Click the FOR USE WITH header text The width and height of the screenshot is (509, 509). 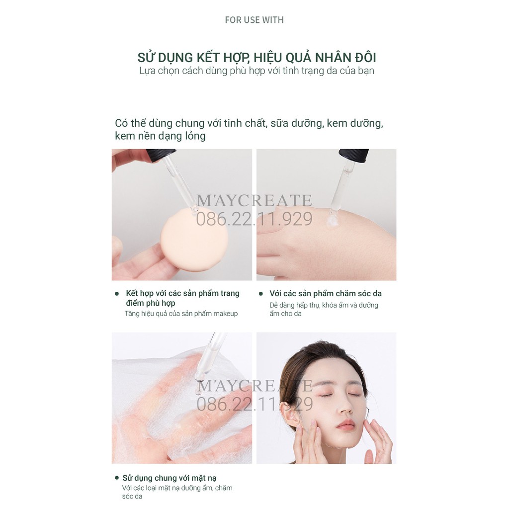254,20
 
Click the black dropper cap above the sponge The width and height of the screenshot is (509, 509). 161,155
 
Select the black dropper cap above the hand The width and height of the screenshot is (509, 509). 353,156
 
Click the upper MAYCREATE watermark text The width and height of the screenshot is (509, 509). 254,201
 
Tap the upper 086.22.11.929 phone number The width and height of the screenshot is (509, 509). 254,219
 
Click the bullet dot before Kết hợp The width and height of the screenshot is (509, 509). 117,294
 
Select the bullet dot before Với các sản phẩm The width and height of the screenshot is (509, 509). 260,294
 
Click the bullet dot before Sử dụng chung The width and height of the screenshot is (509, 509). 117,478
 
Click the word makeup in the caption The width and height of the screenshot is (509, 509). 225,314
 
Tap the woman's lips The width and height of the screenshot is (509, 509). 345,424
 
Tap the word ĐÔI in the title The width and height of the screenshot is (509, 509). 365,57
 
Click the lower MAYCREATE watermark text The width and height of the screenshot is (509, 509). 254,386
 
